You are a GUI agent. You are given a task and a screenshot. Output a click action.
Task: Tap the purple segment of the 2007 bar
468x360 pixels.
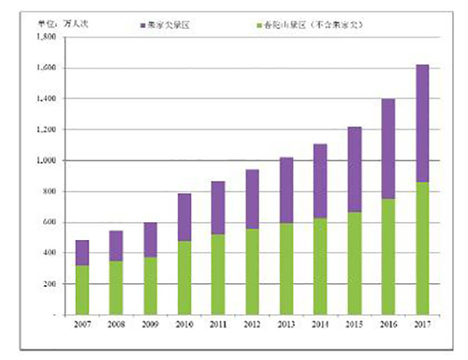coord(82,252)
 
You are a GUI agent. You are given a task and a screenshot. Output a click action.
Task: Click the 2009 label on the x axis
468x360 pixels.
coord(149,323)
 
